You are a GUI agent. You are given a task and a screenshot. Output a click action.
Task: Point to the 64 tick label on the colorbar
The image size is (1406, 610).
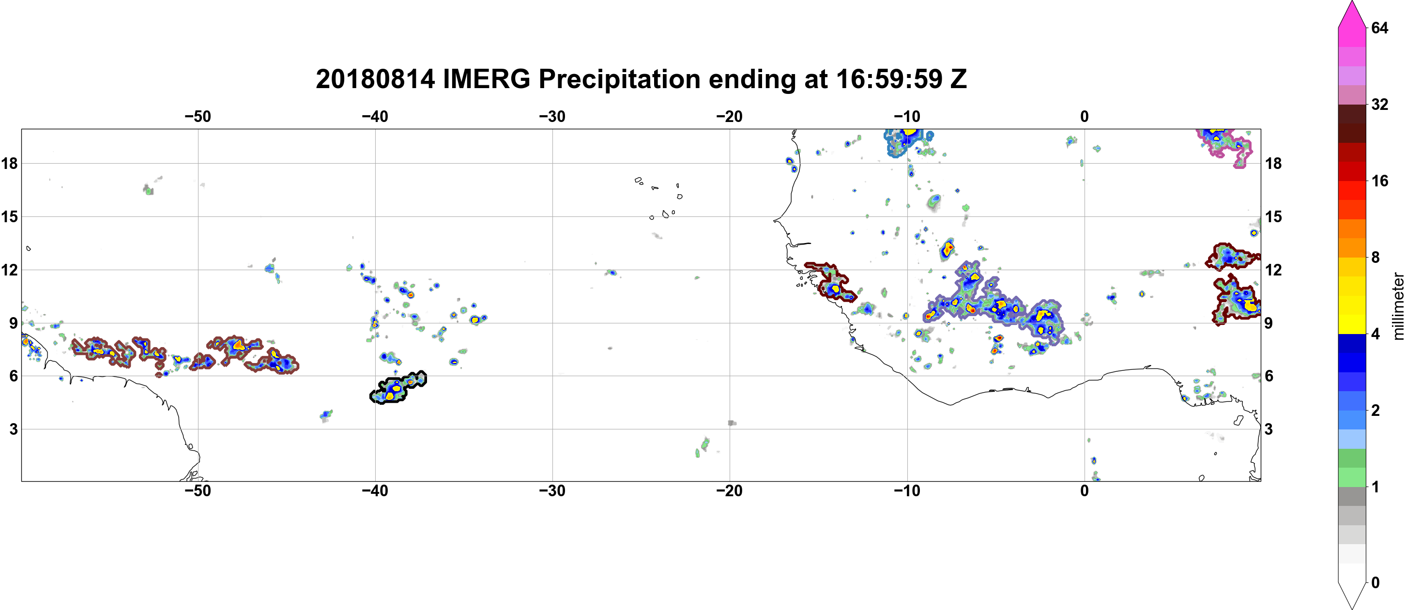pos(1379,28)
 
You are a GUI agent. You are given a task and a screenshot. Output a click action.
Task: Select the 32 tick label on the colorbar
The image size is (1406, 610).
pos(1379,104)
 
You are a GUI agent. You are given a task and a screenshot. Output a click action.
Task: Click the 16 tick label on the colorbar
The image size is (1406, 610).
pos(1379,181)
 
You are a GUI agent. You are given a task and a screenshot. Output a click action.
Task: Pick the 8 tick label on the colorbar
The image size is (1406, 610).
pos(1375,257)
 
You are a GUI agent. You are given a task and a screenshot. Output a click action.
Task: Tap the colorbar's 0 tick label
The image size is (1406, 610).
pos(1375,583)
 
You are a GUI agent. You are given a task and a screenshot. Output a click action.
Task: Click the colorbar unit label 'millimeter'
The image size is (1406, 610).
pos(1398,306)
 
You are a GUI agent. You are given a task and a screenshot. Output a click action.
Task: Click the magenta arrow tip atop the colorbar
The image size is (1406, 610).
pos(1352,2)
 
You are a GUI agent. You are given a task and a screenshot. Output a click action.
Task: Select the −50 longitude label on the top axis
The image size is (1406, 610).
pos(198,117)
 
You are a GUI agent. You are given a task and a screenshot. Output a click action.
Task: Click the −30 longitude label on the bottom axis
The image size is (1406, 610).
pos(552,491)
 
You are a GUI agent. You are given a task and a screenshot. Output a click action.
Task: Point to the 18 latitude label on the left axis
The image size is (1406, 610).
pos(9,163)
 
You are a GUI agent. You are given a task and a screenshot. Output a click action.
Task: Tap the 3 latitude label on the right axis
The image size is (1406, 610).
pos(1268,429)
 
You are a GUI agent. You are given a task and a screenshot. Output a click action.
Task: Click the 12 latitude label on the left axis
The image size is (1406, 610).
pos(9,270)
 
